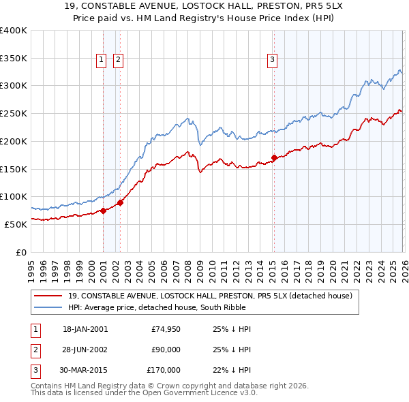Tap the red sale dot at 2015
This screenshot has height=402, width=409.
tap(274, 158)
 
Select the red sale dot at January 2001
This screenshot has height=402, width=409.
tap(103, 211)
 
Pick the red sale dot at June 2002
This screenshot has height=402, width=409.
tap(120, 202)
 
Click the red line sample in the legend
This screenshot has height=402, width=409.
tap(48, 296)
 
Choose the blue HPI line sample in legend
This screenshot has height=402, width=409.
tap(48, 308)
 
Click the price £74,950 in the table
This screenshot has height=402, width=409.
tap(166, 329)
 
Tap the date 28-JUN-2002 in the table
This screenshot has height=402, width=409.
tap(85, 350)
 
